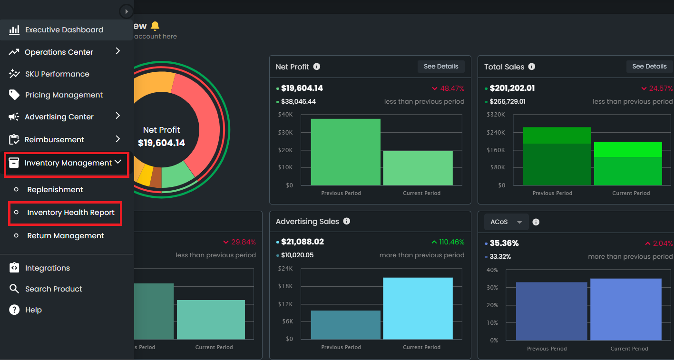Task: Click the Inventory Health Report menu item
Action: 70,213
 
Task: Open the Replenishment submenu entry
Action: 55,190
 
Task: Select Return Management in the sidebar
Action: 65,236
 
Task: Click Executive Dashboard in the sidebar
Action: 64,30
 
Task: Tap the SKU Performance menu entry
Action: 57,74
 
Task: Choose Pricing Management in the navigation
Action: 64,95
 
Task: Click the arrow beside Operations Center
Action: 118,51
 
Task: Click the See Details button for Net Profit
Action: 440,67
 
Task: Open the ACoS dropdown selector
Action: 506,222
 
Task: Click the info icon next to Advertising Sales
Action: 347,221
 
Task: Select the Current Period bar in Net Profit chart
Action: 418,168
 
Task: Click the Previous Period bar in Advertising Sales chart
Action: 345,325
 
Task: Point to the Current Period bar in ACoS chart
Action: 625,309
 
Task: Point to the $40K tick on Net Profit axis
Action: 285,115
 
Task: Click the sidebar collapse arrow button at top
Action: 126,11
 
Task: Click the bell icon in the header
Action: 155,26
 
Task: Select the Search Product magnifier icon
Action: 14,289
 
